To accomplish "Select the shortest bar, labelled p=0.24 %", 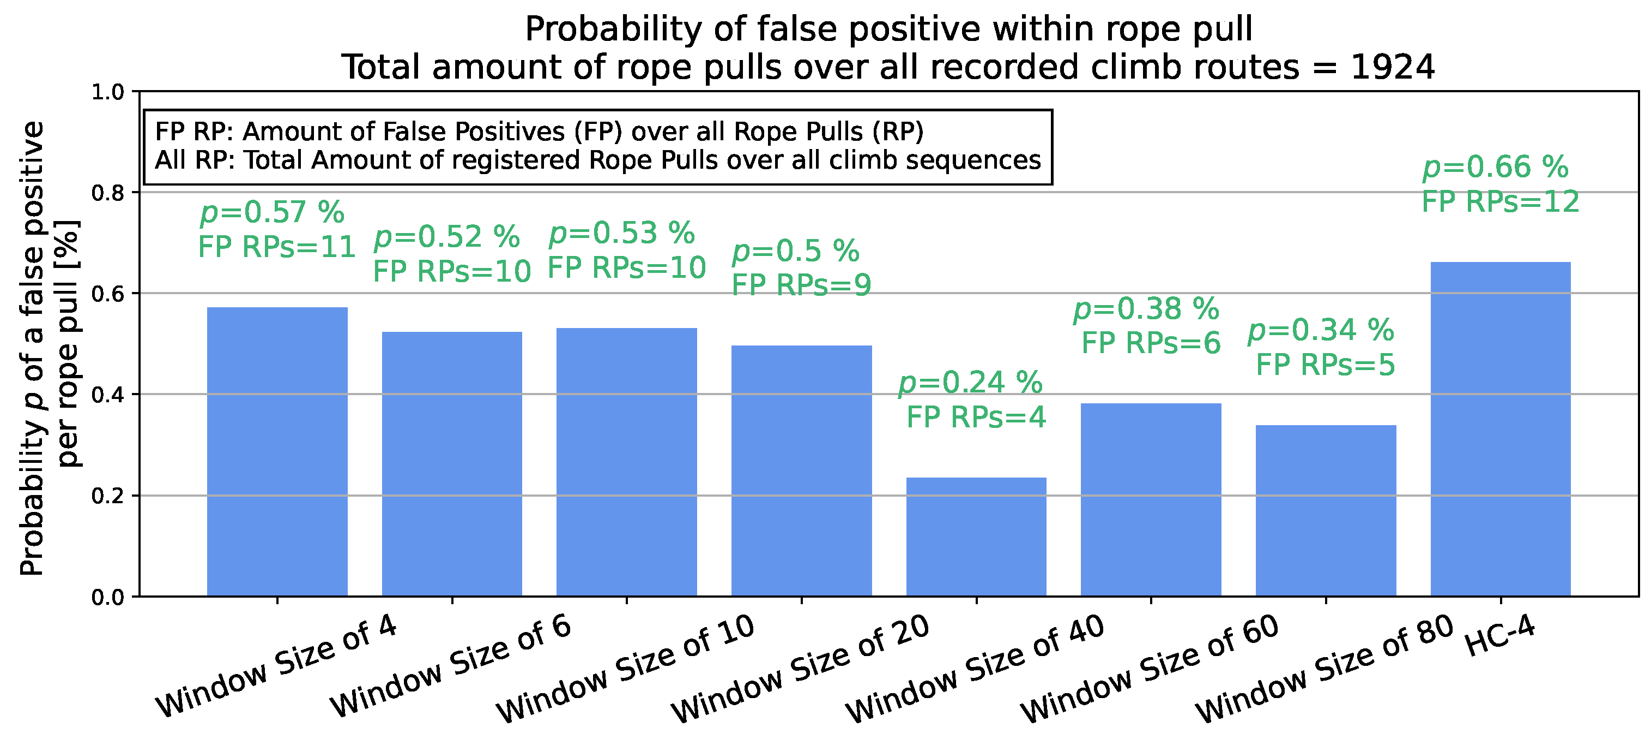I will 976,537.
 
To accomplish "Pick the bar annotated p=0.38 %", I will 1151,500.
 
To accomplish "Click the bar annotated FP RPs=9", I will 801,471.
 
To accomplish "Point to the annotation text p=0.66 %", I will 1495,168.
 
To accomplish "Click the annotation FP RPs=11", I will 276,247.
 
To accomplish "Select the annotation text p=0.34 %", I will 1320,330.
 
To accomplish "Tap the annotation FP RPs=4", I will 976,417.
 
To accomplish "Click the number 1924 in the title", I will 1392,67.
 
